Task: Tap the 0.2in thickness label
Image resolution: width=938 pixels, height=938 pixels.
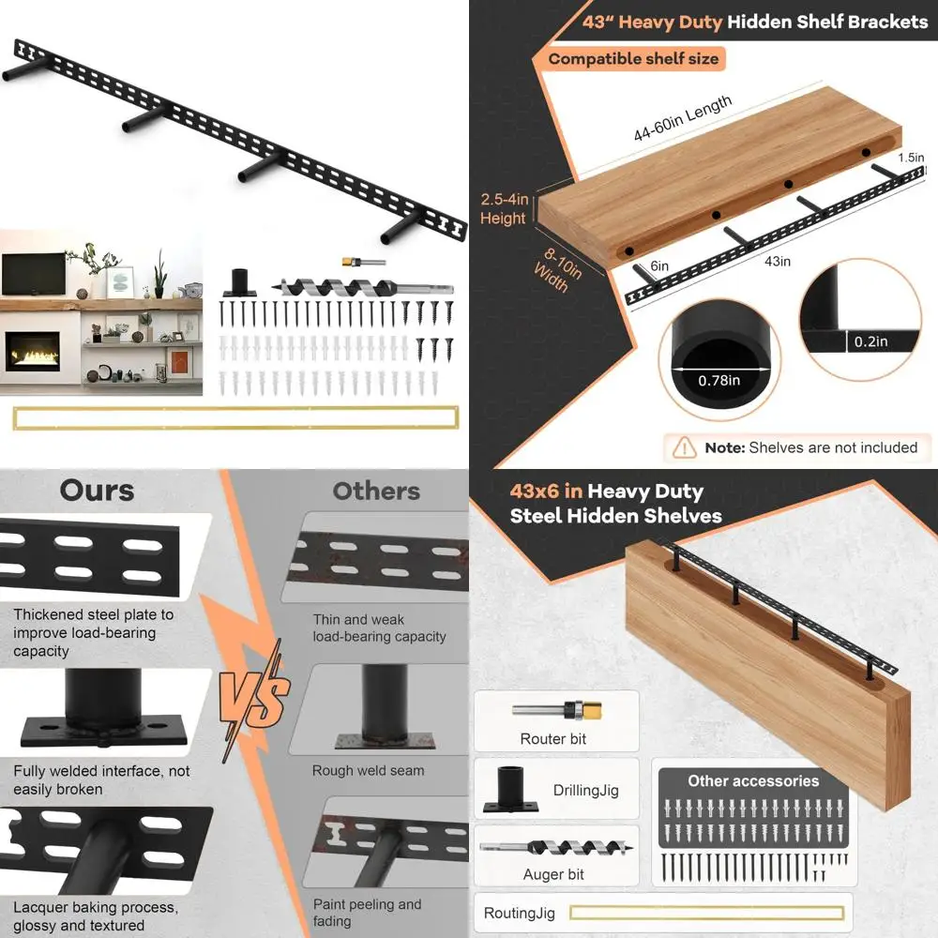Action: point(870,342)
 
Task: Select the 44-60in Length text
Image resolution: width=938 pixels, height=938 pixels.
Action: point(683,120)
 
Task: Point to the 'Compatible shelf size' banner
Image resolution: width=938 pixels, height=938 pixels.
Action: point(633,59)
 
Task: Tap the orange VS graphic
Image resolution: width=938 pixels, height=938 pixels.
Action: point(253,699)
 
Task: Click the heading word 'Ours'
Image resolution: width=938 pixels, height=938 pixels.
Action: point(97,491)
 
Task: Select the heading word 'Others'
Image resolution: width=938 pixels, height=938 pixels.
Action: point(375,491)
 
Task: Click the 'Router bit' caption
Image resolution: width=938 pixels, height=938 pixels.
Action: point(553,739)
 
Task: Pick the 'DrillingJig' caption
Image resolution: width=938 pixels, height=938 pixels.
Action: point(584,791)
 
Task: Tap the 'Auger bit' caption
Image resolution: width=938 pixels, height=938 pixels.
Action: point(553,874)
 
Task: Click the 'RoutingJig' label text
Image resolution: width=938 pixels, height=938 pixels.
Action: point(520,913)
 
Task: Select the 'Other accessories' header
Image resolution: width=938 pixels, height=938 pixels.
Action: point(753,780)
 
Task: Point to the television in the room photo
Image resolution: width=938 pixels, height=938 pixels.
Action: point(33,273)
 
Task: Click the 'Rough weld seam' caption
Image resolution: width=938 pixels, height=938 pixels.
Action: point(368,771)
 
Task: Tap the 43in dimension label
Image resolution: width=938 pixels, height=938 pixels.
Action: point(778,262)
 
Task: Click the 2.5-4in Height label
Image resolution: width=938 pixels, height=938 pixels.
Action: point(504,209)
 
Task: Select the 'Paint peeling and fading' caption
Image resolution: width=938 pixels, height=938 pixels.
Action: point(367,913)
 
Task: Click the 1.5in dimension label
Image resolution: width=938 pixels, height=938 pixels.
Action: point(910,158)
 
